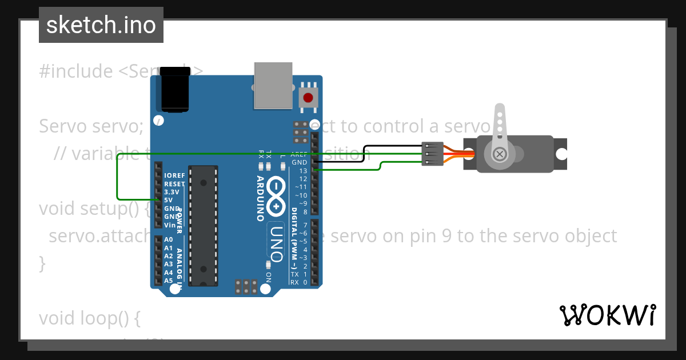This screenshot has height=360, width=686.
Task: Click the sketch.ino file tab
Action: [x=101, y=25]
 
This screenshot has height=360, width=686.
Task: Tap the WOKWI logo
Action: [x=607, y=315]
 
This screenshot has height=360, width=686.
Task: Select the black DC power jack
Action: [x=175, y=89]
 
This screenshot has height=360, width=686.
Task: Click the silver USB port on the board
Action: [x=273, y=85]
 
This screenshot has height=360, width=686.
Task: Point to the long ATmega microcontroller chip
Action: [x=204, y=225]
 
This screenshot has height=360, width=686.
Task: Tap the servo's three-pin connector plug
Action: [x=432, y=154]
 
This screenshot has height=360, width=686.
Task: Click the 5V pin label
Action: [x=169, y=200]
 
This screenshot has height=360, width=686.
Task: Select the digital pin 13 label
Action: [x=303, y=171]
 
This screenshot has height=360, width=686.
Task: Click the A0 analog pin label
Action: [x=168, y=239]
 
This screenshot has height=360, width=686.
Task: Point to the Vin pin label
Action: [x=169, y=225]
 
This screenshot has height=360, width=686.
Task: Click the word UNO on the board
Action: [x=276, y=242]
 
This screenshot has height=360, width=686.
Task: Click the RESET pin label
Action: [x=174, y=184]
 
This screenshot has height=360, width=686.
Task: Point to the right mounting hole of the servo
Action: [x=562, y=154]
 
